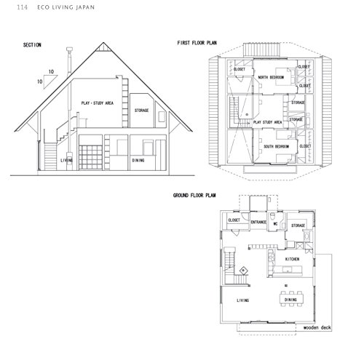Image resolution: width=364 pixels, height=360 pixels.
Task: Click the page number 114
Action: [12, 8]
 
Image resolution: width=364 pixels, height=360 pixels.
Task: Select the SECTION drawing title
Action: [32, 45]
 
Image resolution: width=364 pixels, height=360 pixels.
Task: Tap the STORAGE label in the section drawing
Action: [141, 110]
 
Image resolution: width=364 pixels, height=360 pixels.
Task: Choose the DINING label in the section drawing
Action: [138, 159]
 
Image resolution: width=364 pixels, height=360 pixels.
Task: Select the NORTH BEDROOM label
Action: [271, 77]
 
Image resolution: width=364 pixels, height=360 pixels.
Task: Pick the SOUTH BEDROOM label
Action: [276, 146]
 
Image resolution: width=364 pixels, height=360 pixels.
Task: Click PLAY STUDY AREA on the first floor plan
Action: [267, 123]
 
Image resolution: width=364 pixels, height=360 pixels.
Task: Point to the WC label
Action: [275, 225]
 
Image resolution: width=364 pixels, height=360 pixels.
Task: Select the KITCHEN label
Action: [292, 258]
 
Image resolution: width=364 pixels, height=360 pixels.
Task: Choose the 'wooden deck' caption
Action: [318, 327]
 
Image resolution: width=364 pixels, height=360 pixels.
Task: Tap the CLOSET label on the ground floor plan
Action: [234, 219]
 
